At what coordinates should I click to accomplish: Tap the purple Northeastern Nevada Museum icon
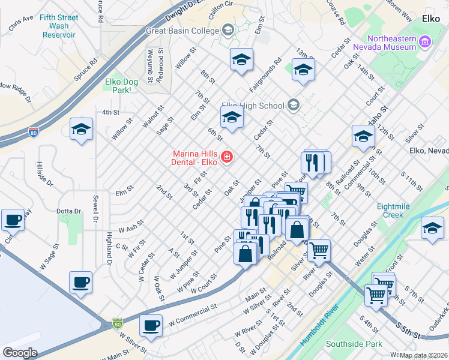(426, 41)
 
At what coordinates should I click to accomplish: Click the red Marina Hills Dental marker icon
(227, 157)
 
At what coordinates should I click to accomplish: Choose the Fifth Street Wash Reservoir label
(59, 26)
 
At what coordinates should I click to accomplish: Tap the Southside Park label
(354, 344)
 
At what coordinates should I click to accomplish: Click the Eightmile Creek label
(399, 211)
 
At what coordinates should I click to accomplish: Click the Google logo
(20, 353)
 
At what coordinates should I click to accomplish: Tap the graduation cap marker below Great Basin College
(241, 59)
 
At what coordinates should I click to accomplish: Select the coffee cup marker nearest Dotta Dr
(13, 219)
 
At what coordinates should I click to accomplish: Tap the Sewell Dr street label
(95, 207)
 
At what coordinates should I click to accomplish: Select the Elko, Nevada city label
(428, 151)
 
